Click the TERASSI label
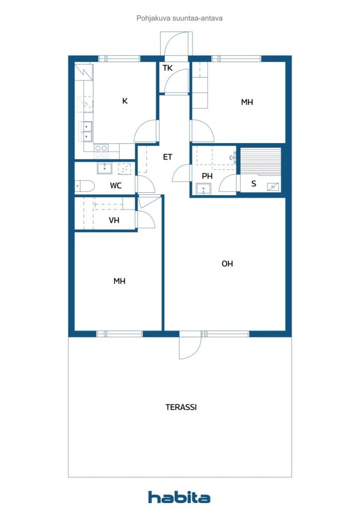[181, 407]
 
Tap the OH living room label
[227, 263]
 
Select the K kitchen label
[125, 101]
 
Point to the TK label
[168, 68]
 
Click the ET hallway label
[168, 157]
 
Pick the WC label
[115, 186]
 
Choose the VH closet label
[114, 220]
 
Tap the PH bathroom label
[207, 176]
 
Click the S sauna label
[254, 184]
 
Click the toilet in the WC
[85, 186]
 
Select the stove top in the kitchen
[101, 151]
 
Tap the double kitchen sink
[86, 132]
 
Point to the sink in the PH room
[203, 189]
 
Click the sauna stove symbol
[272, 187]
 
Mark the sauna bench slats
[261, 161]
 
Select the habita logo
[179, 497]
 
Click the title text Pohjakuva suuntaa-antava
[180, 18]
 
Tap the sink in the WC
[104, 169]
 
